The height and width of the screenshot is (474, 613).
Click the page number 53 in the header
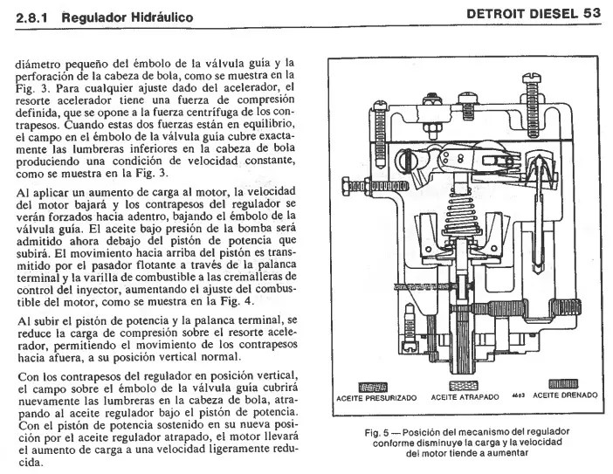[591, 15]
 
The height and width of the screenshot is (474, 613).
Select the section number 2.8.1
[32, 17]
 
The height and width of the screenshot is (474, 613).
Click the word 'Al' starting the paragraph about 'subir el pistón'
[23, 321]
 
